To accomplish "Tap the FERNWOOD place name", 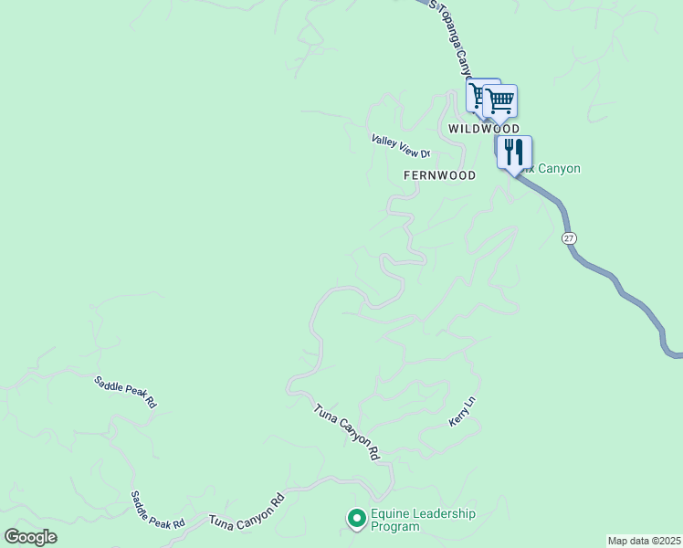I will coord(439,174).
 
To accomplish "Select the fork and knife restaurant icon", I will coord(514,153).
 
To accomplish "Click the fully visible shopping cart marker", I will coord(500,100).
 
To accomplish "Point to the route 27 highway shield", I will coord(570,237).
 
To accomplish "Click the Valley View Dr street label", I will coord(400,146).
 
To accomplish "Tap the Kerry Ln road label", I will coord(463,412).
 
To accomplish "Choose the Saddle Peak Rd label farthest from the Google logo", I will coord(126,391).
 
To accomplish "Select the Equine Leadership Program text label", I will coord(423,520).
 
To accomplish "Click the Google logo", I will coord(30,537).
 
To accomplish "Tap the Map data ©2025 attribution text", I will coord(644,541).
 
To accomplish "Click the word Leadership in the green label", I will coord(445,513).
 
